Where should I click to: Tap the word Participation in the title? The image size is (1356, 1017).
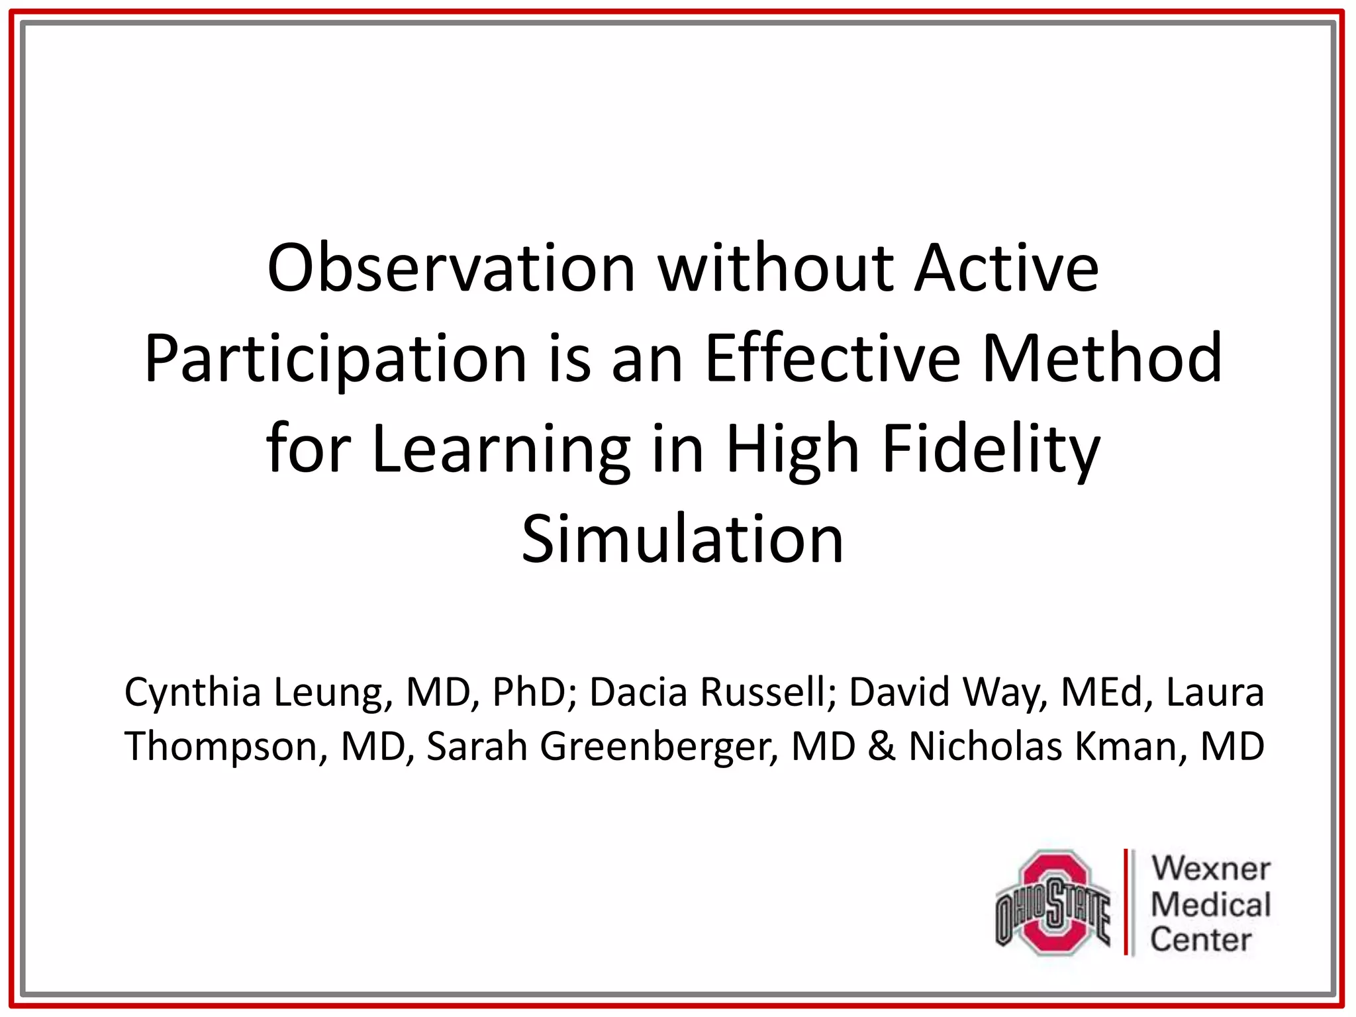click(x=335, y=359)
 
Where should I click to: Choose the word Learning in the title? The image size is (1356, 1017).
click(x=501, y=450)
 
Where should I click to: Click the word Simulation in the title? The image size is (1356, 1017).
click(x=683, y=540)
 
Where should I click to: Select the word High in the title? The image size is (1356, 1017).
click(x=793, y=450)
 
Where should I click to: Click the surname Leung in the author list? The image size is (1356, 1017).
click(x=328, y=693)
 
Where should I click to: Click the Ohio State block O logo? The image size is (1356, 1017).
click(x=1053, y=902)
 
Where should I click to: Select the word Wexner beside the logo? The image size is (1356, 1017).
click(x=1211, y=868)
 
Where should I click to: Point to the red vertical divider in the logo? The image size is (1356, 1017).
click(x=1126, y=902)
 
